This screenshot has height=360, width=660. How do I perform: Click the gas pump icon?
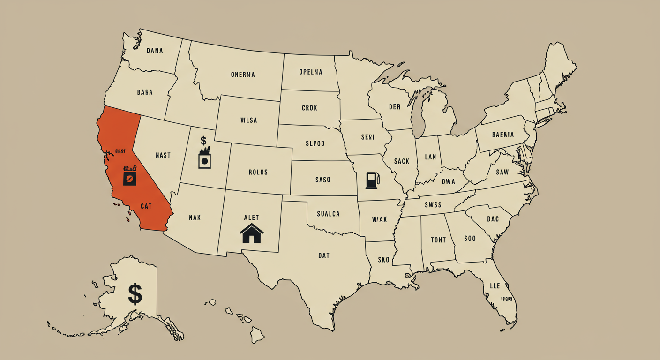(x=372, y=180)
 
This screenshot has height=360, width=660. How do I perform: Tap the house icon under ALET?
(x=251, y=233)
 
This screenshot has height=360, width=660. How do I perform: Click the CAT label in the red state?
(x=146, y=206)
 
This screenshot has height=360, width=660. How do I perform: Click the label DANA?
(x=155, y=51)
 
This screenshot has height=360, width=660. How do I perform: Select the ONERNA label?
(x=243, y=75)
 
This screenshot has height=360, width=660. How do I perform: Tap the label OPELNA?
(x=311, y=72)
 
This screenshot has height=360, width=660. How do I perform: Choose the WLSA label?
(x=248, y=120)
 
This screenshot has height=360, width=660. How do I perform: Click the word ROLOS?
(x=258, y=172)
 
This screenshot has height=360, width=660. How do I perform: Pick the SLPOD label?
(x=315, y=143)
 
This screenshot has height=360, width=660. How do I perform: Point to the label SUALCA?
(x=328, y=214)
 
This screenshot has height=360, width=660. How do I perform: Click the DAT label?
(x=323, y=255)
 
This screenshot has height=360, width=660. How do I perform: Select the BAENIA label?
(x=503, y=135)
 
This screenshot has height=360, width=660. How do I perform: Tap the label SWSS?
(x=434, y=204)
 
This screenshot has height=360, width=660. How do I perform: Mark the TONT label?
(x=438, y=240)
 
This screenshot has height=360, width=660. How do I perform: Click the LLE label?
(x=495, y=286)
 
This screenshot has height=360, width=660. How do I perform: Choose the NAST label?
(x=163, y=155)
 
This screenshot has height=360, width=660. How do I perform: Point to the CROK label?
(x=309, y=108)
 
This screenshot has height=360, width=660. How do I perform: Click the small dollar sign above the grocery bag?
(x=203, y=140)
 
